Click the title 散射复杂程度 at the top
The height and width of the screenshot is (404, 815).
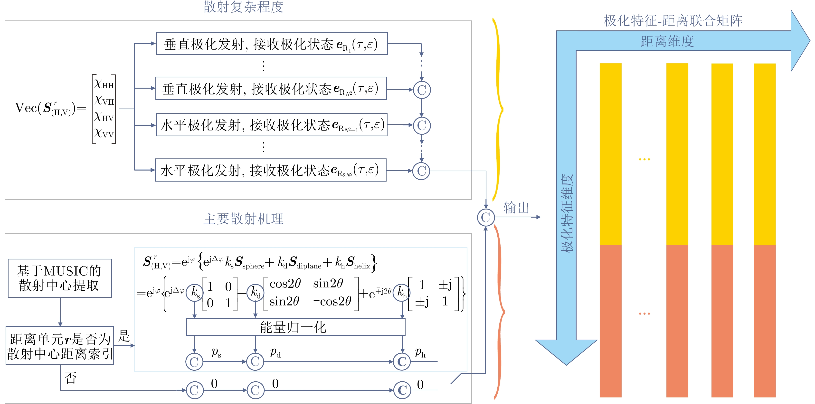pyautogui.click(x=243, y=7)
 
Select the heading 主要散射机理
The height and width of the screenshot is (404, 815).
pyautogui.click(x=243, y=219)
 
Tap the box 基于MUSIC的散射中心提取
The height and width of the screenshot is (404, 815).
pyautogui.click(x=59, y=278)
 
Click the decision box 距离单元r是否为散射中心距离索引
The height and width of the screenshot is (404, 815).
pyautogui.click(x=60, y=346)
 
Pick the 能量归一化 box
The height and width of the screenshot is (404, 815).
pyautogui.click(x=295, y=327)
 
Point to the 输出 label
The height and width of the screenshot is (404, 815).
pyautogui.click(x=516, y=208)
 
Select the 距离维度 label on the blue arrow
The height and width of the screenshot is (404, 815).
pyautogui.click(x=667, y=41)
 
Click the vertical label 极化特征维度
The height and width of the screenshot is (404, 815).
pyautogui.click(x=567, y=213)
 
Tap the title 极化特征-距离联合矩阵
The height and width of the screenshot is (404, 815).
pyautogui.click(x=673, y=21)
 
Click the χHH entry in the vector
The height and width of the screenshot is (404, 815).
pyautogui.click(x=104, y=84)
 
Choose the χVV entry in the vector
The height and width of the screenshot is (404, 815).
pyautogui.click(x=104, y=133)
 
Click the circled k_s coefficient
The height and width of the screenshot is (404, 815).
pyautogui.click(x=195, y=292)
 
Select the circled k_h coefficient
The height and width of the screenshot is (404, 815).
pyautogui.click(x=401, y=292)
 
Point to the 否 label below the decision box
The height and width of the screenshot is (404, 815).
pyautogui.click(x=71, y=378)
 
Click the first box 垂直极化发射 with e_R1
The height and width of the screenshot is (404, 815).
pyautogui.click(x=272, y=44)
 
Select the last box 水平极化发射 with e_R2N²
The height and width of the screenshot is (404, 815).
pyautogui.click(x=271, y=170)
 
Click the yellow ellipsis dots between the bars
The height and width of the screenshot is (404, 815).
pyautogui.click(x=644, y=159)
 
